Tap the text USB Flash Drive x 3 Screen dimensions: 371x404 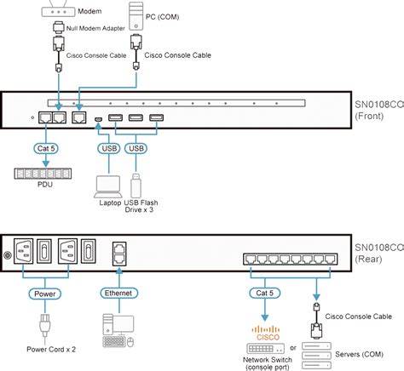click(145, 208)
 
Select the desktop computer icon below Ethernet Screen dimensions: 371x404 click(118, 329)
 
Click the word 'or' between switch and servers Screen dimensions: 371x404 click(293, 347)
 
